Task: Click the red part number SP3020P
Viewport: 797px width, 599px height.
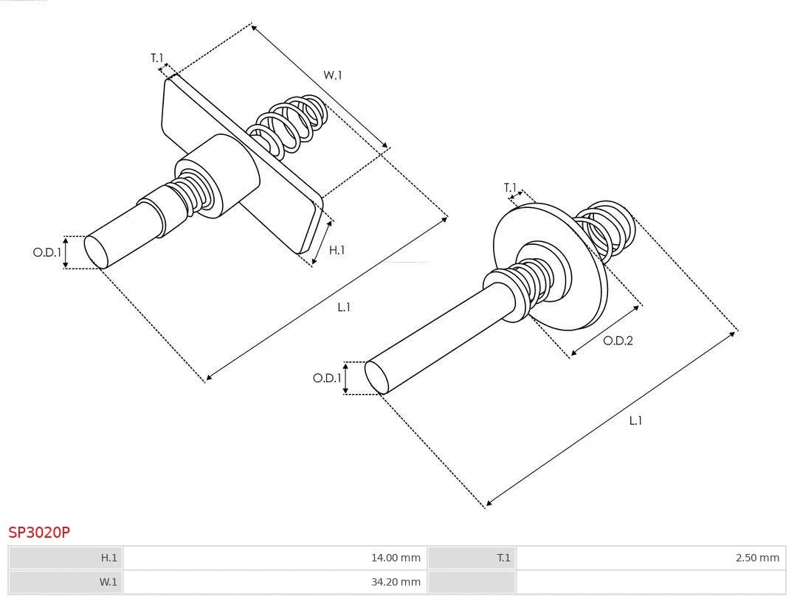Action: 39,532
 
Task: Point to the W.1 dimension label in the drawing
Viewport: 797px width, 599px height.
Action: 333,75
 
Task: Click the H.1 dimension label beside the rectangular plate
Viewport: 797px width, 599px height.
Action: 337,250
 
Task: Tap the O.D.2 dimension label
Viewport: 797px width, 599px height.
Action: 618,341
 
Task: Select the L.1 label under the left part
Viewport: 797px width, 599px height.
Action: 344,307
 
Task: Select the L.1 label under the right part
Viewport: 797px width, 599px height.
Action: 635,420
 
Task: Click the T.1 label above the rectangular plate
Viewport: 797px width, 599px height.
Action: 157,58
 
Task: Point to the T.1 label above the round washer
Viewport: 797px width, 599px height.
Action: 510,188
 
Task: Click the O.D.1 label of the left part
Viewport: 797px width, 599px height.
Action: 46,252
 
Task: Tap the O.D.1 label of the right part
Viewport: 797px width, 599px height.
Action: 327,378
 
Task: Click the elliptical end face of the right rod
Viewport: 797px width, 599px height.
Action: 377,377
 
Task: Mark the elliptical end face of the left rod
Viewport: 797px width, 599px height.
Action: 96,251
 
